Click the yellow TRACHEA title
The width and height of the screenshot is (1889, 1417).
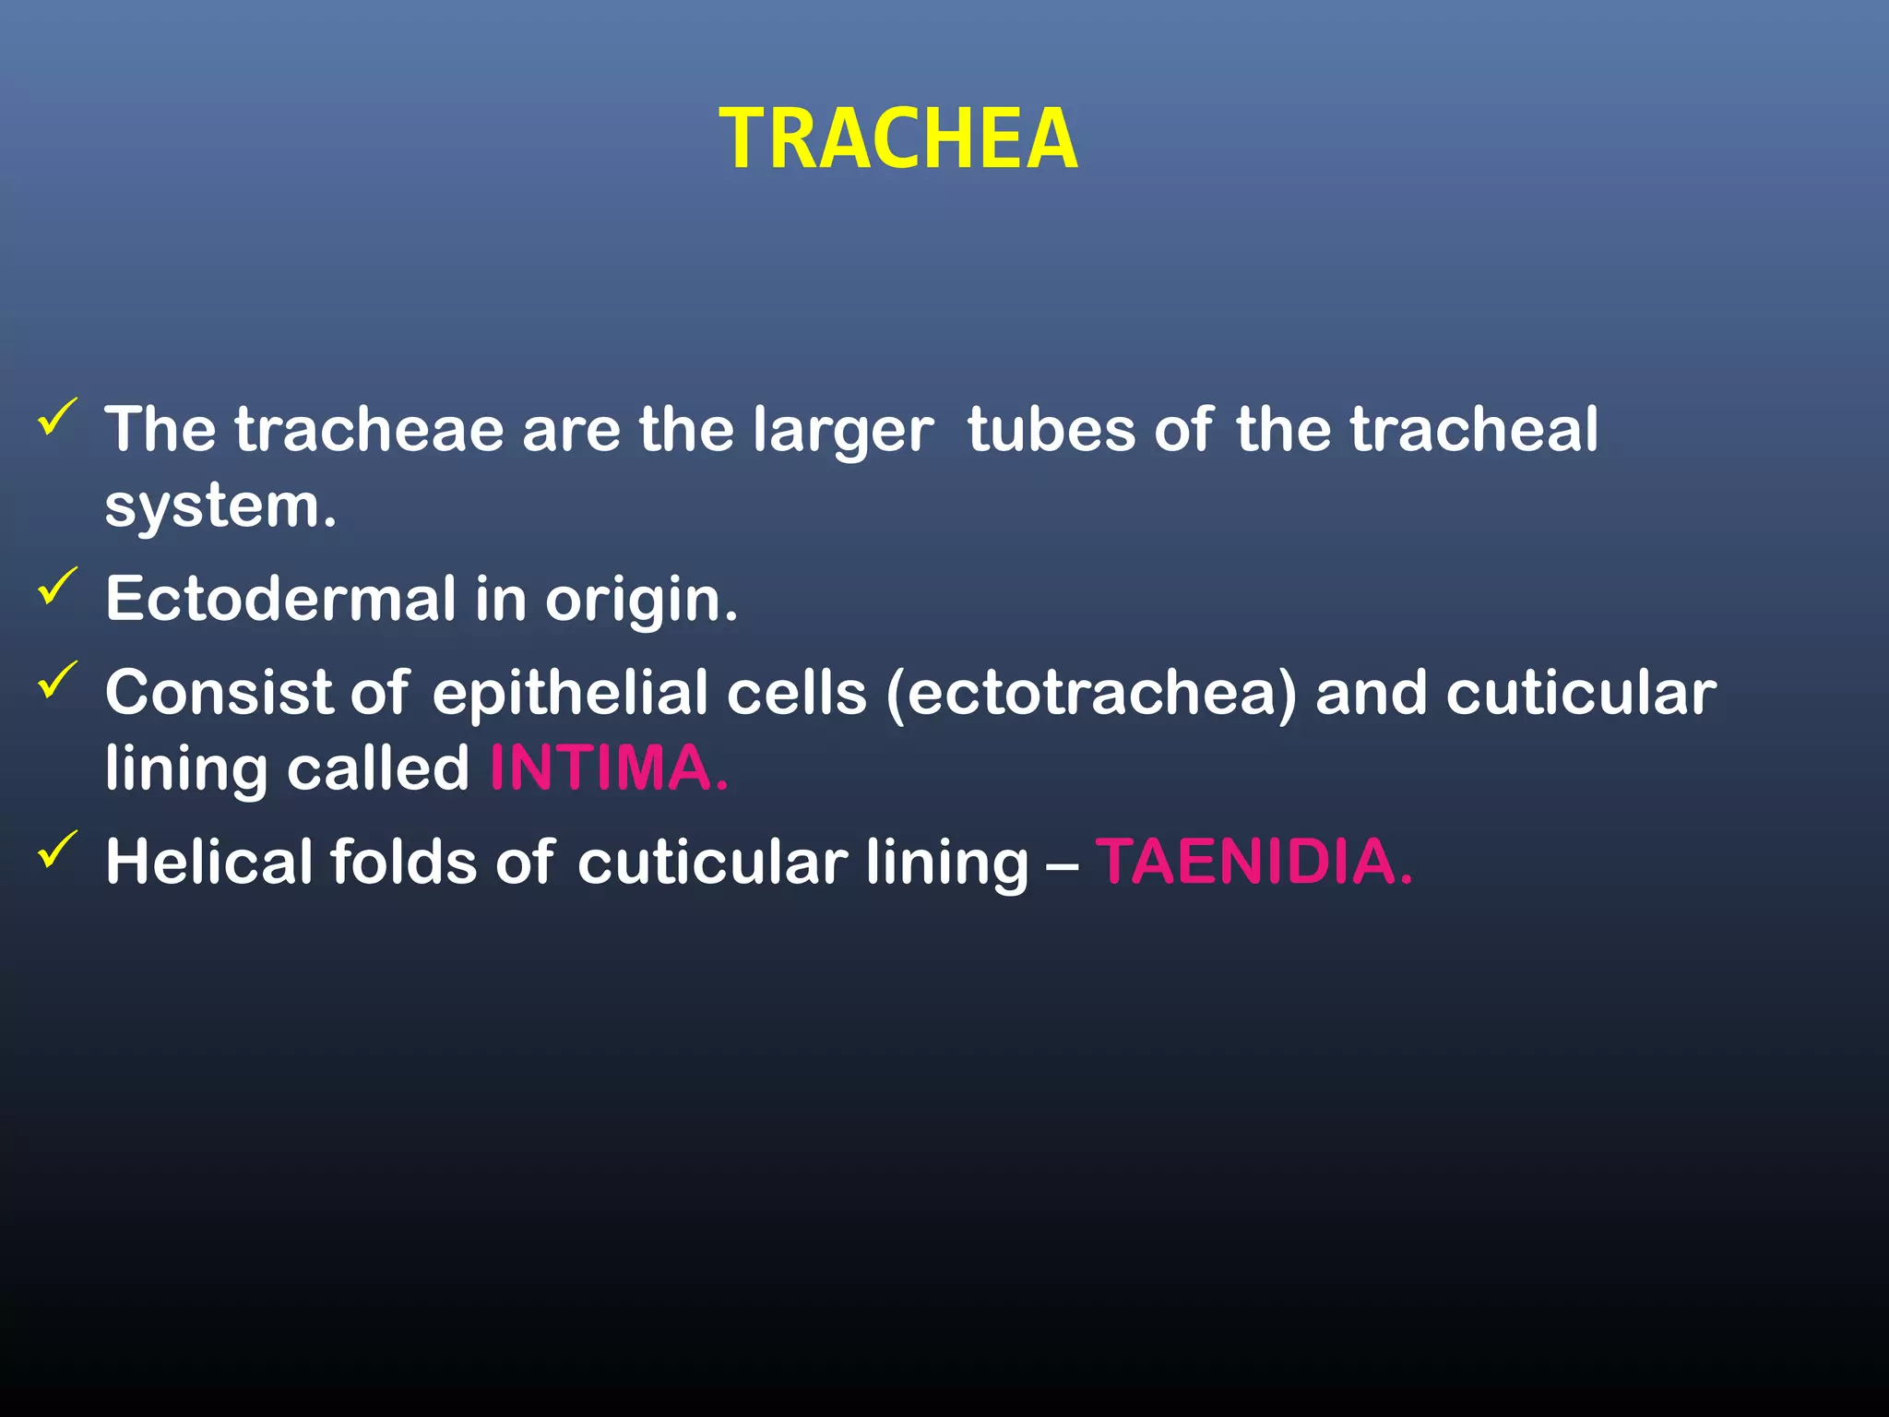898,139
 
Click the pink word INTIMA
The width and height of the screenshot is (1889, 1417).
609,768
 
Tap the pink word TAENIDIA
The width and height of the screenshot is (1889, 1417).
1253,862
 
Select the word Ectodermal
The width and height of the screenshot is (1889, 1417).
280,599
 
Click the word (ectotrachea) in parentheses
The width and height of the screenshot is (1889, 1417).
1090,693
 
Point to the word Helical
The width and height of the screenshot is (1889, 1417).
208,862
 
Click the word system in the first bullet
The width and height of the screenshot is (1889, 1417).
220,508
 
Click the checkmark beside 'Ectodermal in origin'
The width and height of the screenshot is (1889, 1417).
58,587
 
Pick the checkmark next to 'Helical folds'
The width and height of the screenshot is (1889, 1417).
58,850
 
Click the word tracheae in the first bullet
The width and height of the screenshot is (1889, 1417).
369,430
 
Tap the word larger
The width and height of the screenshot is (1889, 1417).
842,432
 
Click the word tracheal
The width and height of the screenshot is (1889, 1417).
1474,430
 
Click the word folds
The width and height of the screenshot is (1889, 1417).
403,862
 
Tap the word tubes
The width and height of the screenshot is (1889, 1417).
1051,430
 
